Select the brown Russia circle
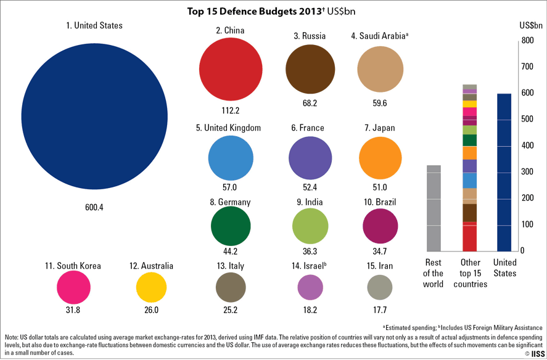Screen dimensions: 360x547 [x=310, y=68]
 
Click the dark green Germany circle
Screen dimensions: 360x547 [x=231, y=226]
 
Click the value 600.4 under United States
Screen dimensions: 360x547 [x=94, y=208]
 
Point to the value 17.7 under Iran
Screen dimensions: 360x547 [x=380, y=310]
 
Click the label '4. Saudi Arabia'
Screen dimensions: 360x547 [x=379, y=36]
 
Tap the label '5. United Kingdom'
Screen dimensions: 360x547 [x=228, y=128]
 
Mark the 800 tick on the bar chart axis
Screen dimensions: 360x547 [x=526, y=41]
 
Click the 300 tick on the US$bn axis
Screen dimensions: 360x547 [x=526, y=172]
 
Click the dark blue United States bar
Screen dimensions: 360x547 [x=504, y=173]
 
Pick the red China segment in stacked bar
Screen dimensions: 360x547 [x=470, y=237]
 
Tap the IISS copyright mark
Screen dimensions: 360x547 [x=534, y=354]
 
